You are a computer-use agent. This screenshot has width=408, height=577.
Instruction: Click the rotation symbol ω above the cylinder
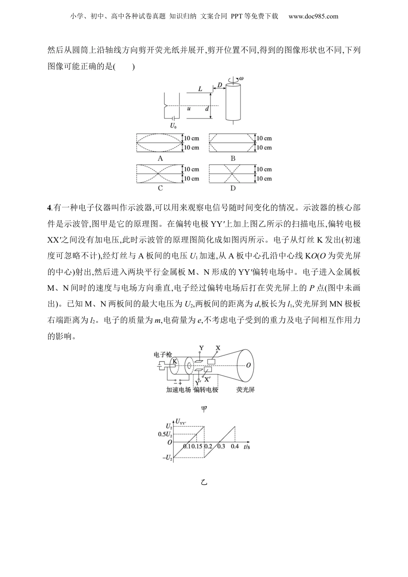241,79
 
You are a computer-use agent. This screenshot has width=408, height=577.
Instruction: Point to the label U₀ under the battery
173,126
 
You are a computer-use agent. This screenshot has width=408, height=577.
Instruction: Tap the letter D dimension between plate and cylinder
219,85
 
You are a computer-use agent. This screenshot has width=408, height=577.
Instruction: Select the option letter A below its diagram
160,158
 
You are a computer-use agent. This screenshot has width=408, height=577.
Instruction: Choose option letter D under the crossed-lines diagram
233,188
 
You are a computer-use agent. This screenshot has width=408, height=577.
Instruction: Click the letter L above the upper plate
200,89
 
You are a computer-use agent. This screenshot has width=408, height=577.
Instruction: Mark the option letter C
160,188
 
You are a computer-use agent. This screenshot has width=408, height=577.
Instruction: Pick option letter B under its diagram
233,158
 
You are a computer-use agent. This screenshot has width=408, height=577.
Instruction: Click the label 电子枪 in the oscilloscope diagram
163,355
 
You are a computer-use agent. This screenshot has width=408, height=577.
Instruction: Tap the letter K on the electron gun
174,361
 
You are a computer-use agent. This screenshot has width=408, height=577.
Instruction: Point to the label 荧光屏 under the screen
246,390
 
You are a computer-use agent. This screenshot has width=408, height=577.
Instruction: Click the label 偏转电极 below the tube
206,390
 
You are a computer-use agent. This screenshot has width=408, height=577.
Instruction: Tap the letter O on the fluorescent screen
249,366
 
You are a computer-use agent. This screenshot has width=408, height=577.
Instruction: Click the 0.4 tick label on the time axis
234,446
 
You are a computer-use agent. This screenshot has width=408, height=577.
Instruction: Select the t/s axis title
247,446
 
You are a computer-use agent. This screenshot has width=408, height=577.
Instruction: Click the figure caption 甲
204,409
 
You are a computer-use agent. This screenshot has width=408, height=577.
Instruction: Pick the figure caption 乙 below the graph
204,482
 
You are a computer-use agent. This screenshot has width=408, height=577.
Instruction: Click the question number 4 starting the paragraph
49,208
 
